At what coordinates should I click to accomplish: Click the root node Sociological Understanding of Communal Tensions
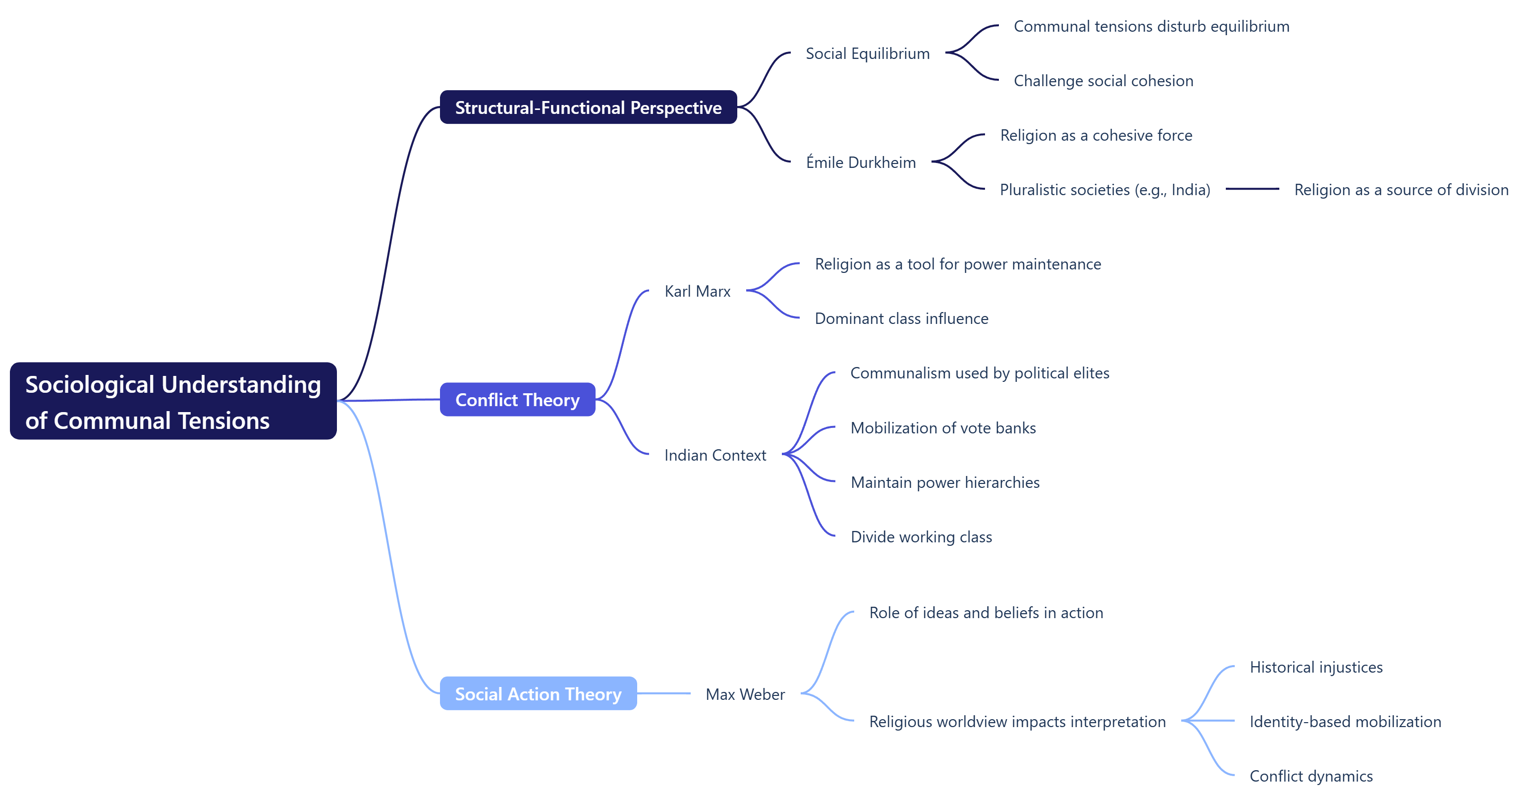coord(173,401)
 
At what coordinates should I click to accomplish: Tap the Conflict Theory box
coord(517,400)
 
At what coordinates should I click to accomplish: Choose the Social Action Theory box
coord(538,693)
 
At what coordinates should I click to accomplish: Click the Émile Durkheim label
coord(861,162)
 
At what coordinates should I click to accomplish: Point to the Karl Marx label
coord(697,291)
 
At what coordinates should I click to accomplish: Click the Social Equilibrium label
coord(867,53)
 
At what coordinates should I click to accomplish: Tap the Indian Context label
coord(714,455)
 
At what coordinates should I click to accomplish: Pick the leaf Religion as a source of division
coord(1401,190)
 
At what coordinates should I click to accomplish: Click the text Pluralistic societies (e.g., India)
coord(1104,190)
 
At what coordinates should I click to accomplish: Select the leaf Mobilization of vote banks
coord(943,428)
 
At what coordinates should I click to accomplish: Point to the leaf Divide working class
coord(921,537)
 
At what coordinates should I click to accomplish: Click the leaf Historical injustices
coord(1315,667)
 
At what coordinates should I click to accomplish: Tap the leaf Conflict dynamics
coord(1311,776)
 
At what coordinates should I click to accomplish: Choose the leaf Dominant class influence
coord(901,318)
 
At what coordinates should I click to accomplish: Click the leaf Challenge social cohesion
coord(1103,81)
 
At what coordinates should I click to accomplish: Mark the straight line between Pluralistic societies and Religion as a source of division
coord(1252,189)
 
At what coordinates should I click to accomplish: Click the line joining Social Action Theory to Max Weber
coord(663,693)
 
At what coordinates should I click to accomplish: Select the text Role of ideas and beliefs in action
coord(986,613)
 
